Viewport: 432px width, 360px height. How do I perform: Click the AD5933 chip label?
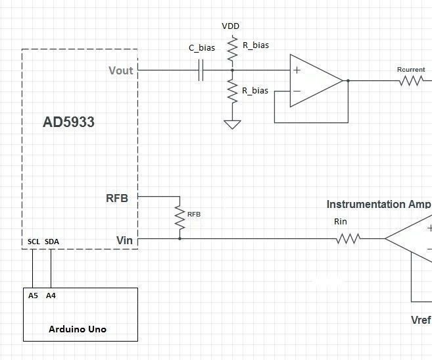click(68, 122)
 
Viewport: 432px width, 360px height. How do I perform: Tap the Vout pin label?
click(121, 70)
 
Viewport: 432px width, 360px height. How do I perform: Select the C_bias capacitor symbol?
click(201, 70)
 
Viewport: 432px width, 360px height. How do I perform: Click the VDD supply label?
click(231, 26)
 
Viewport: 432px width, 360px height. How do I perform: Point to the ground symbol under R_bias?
click(232, 124)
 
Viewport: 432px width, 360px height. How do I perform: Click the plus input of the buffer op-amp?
click(297, 70)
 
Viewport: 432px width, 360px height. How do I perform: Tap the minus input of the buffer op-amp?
click(297, 91)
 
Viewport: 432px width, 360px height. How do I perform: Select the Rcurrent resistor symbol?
click(411, 81)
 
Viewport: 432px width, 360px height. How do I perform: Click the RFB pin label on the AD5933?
click(117, 198)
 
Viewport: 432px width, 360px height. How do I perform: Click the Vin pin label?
click(124, 240)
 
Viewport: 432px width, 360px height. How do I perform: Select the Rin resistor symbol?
click(348, 239)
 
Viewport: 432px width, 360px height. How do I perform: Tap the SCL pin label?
click(34, 242)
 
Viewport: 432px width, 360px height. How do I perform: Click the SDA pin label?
click(52, 242)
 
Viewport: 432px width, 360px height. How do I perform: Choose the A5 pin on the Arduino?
click(33, 296)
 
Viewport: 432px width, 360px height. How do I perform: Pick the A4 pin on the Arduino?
click(51, 296)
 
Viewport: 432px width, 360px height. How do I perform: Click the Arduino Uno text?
click(78, 328)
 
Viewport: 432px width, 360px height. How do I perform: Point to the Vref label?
click(421, 320)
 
